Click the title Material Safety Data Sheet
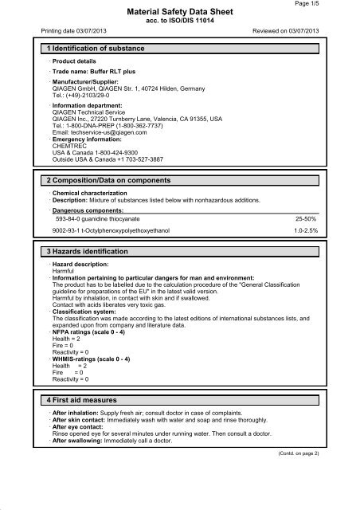point(180,13)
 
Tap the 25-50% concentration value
point(329,217)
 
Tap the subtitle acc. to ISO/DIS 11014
point(180,22)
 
